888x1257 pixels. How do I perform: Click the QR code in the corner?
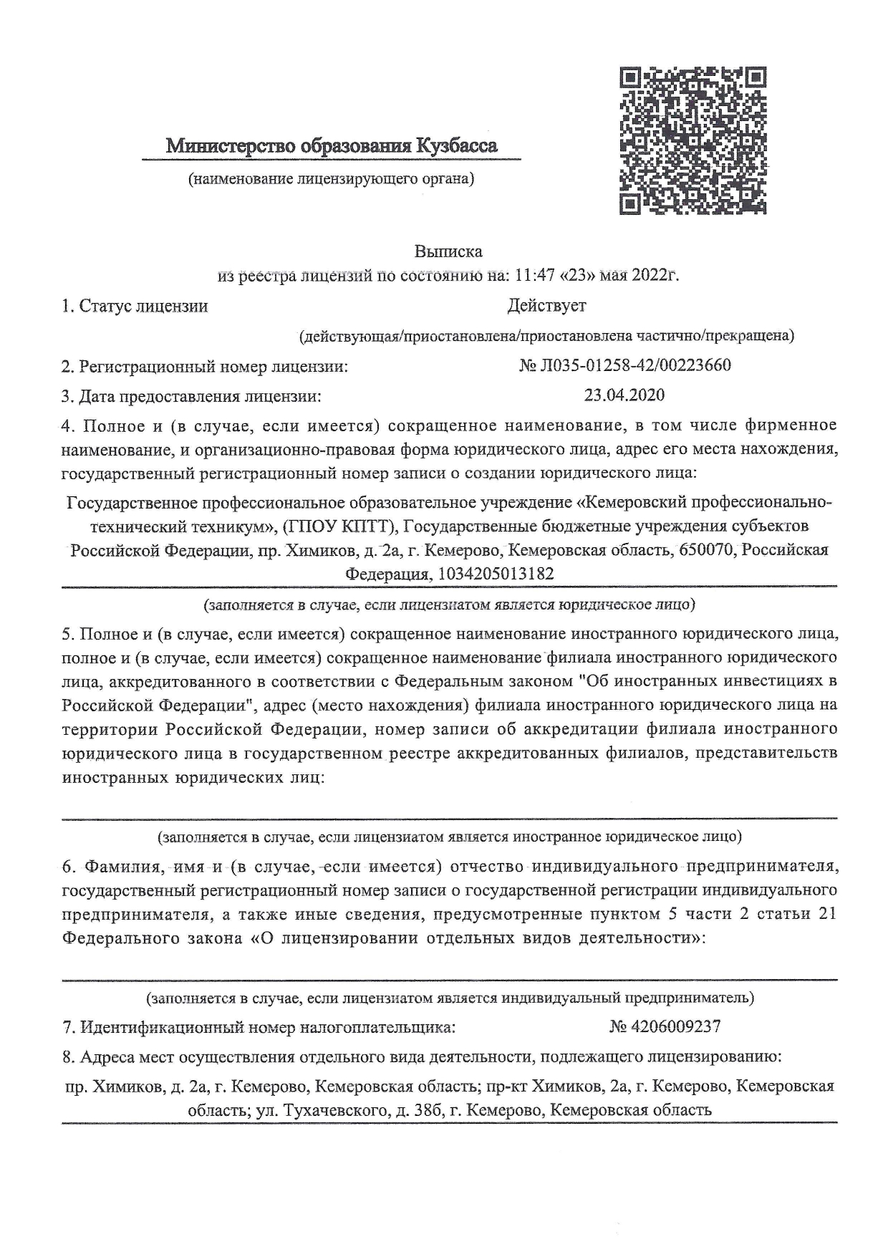click(x=692, y=140)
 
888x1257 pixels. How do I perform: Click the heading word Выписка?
click(x=448, y=251)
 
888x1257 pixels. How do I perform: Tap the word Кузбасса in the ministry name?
click(x=455, y=147)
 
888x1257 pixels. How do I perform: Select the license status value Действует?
click(x=546, y=306)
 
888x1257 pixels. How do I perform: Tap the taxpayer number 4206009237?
click(x=675, y=1026)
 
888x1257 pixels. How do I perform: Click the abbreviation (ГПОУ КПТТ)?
click(x=340, y=526)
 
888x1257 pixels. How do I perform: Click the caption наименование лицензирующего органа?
click(x=331, y=178)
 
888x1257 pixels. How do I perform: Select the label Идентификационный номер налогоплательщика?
click(x=259, y=1027)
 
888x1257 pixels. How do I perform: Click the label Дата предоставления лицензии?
click(x=191, y=395)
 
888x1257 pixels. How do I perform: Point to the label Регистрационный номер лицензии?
click(x=205, y=367)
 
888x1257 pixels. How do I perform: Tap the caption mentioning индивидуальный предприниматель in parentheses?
click(x=450, y=997)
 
